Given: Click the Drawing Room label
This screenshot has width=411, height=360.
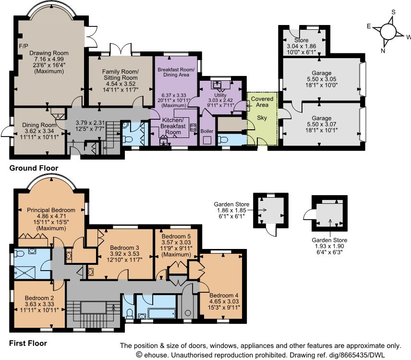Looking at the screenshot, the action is (49, 53).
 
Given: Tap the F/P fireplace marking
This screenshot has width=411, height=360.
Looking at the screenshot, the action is (24, 46).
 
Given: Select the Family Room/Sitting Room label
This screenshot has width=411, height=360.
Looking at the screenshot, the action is (121, 74).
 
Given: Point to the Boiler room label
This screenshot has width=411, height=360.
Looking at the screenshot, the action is (207, 131).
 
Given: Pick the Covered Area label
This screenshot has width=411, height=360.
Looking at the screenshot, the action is (262, 102).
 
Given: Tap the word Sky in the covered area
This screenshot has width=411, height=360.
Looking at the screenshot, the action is (262, 118).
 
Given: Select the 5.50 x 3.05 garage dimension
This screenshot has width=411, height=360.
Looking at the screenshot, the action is (322, 79).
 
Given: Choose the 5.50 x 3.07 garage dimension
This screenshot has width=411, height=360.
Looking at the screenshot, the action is (322, 124).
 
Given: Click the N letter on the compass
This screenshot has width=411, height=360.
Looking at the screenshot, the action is (383, 50).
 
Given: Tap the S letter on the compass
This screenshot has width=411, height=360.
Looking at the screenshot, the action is (393, 12).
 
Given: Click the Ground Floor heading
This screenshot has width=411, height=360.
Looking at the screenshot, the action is (34, 168).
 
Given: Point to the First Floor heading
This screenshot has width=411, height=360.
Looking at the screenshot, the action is (28, 343).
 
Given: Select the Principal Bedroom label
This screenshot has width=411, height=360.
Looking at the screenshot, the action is (51, 210).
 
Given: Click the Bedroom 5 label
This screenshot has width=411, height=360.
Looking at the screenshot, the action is (176, 236).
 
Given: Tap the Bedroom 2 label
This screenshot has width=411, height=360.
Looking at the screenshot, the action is (39, 298).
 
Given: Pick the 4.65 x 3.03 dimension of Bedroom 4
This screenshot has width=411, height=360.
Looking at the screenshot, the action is (224, 301).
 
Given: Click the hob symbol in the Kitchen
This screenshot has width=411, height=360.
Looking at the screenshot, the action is (193, 127).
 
